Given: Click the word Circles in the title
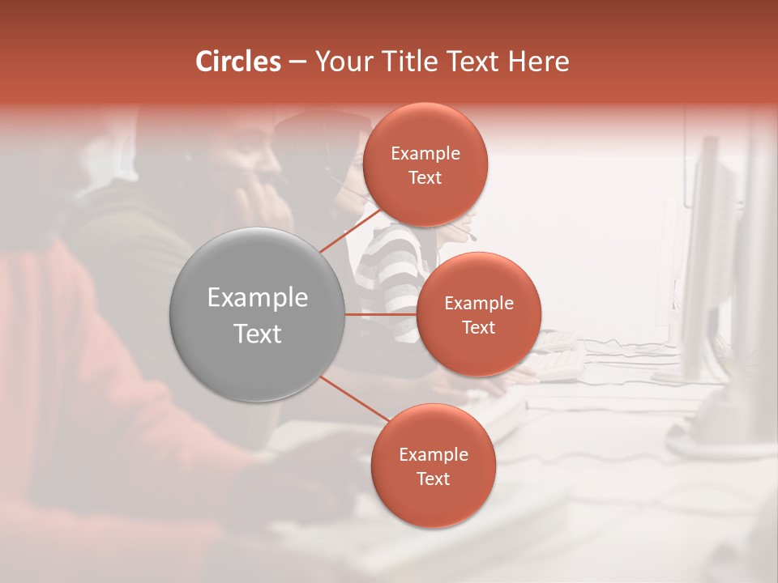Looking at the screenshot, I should pos(238,62).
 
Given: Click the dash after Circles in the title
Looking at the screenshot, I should pos(297,62).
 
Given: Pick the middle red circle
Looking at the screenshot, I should pos(478,348).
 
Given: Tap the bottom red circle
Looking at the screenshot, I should pos(433,502).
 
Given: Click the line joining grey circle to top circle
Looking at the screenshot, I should pos(350,231).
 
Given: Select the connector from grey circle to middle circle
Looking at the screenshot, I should pos(381,314).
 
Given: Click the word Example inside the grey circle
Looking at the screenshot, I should pos(258,298).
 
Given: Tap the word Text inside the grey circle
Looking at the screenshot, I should pos(258,334).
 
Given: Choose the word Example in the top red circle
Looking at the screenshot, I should pos(425,154).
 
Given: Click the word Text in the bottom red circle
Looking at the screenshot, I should pos(433,479).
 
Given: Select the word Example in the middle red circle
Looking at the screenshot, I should pos(478,304).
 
